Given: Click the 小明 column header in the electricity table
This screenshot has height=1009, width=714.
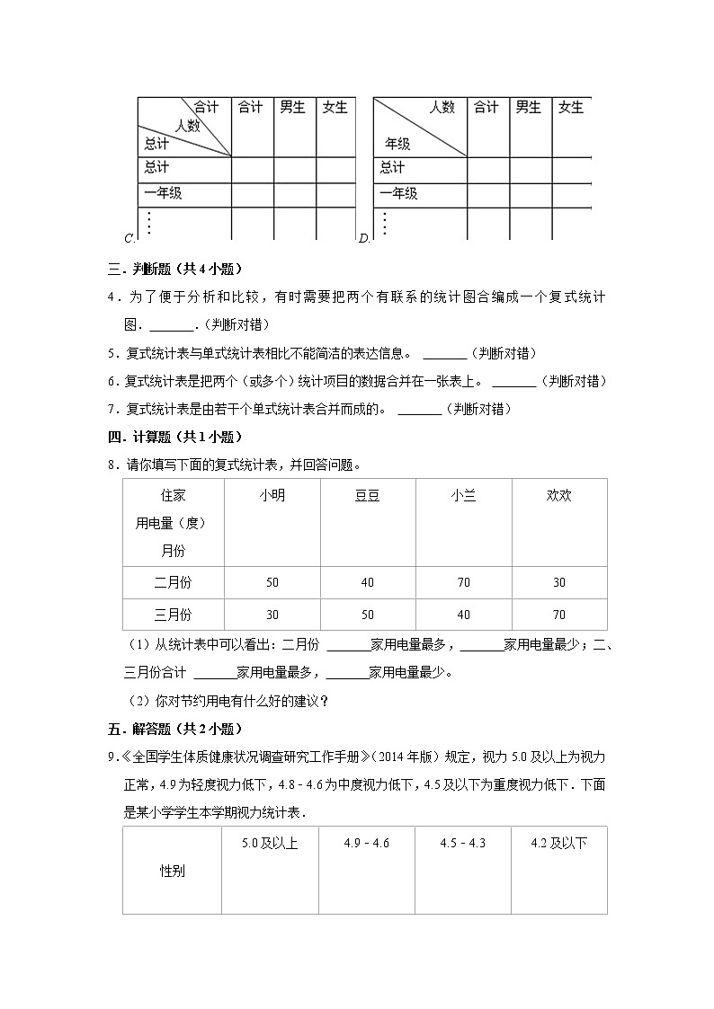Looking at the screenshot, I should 272,495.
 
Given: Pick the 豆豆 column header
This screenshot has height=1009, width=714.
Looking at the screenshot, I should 367,495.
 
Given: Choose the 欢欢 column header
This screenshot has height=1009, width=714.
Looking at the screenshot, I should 558,495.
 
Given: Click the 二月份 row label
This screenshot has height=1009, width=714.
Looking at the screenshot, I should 173,582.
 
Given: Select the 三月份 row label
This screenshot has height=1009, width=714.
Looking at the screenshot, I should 173,615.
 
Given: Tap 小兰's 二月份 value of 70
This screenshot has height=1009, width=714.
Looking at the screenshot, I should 463,582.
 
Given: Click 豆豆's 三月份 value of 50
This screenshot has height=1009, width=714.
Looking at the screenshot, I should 367,615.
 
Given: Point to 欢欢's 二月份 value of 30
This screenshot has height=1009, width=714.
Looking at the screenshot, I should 558,582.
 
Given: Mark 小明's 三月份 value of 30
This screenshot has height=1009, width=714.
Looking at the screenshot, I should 272,615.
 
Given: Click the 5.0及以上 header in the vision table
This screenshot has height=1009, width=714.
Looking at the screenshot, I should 270,843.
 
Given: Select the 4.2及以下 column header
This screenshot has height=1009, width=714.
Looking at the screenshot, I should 558,843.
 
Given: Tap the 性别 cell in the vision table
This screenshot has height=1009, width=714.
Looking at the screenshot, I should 173,871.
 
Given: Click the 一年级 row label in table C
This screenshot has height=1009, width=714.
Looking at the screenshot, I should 163,193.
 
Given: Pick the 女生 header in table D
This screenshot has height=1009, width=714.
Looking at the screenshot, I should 570,108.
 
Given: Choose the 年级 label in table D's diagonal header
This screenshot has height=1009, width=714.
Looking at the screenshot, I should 398,144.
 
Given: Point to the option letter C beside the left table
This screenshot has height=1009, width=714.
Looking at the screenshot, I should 129,238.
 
